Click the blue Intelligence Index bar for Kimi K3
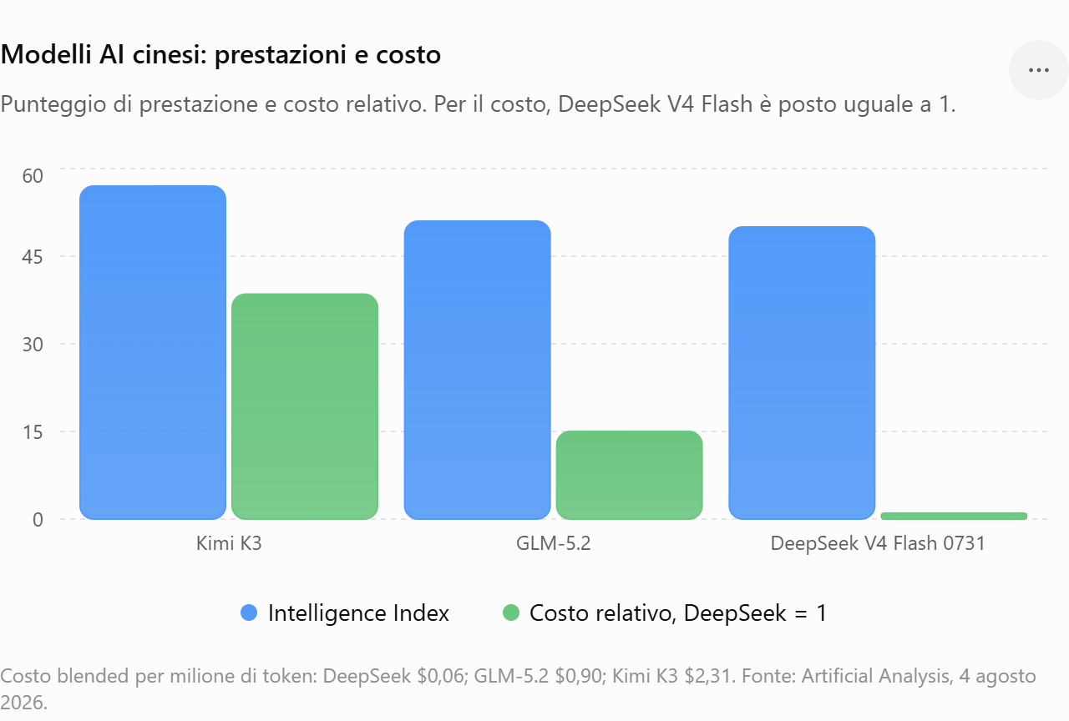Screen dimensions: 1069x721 (153, 352)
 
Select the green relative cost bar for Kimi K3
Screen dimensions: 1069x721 (305, 406)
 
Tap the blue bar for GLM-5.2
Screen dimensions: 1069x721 (477, 370)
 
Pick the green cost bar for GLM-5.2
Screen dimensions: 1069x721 (630, 475)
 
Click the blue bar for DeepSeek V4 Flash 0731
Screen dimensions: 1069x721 (802, 373)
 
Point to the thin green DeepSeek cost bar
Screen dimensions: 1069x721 (954, 516)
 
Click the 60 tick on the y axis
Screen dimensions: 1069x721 (33, 176)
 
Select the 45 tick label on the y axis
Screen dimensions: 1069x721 (33, 257)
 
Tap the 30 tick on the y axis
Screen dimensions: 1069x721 (33, 345)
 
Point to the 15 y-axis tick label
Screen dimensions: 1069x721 (33, 432)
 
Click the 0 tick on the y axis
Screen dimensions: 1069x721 (38, 519)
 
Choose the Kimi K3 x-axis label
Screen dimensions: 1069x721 (229, 543)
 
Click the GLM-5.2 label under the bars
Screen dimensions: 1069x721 (554, 543)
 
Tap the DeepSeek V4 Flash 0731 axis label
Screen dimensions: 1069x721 (878, 543)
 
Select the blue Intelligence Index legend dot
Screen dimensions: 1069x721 (249, 613)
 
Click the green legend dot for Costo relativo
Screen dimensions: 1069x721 (511, 613)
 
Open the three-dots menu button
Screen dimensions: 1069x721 (1038, 70)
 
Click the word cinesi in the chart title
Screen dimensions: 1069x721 (170, 54)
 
